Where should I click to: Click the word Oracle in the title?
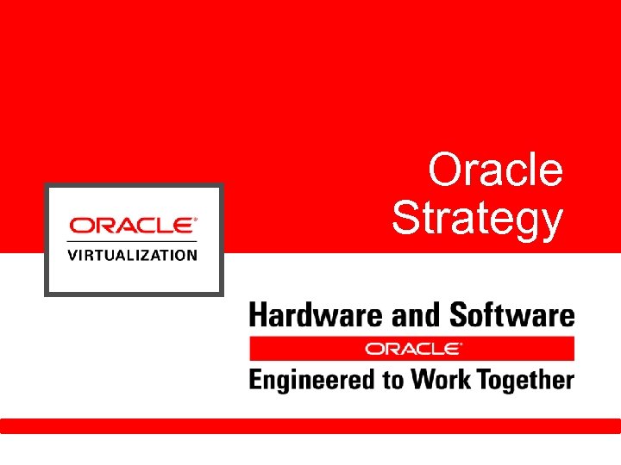(x=495, y=170)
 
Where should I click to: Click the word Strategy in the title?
(x=477, y=219)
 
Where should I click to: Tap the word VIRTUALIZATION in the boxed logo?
(x=133, y=255)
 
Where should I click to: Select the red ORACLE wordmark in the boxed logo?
(x=132, y=226)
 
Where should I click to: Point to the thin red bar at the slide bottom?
(x=310, y=425)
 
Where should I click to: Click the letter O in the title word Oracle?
(x=444, y=170)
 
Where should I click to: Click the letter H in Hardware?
(x=258, y=315)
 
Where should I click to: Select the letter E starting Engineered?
(x=255, y=379)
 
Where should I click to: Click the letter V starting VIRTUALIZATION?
(x=72, y=255)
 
